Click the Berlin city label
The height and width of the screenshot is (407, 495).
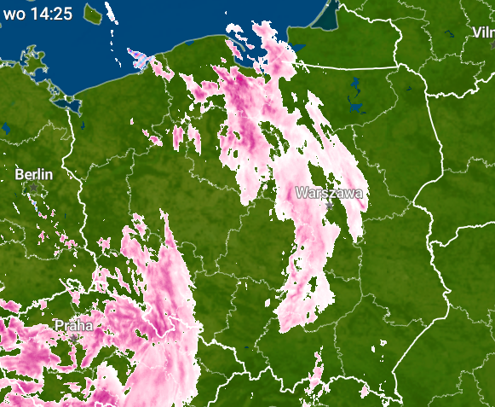(x=34, y=174)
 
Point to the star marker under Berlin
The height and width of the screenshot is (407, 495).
(x=34, y=187)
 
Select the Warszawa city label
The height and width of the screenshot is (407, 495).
(x=329, y=193)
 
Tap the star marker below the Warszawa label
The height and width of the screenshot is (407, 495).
(x=329, y=206)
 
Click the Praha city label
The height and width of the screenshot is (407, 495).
(x=75, y=325)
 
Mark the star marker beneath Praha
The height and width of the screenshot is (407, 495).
(x=75, y=338)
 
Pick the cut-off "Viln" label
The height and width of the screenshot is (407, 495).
(x=483, y=32)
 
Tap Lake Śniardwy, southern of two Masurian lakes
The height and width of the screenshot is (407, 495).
(x=355, y=108)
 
